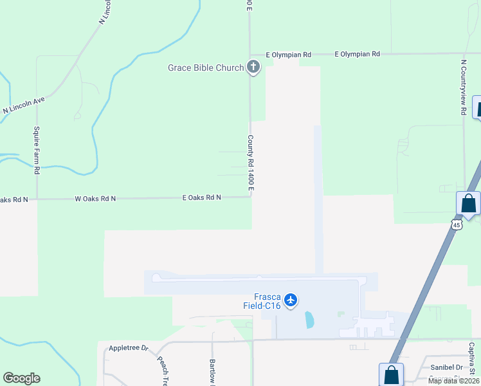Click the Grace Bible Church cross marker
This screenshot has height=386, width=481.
click(253, 67)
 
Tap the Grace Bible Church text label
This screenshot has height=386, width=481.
click(206, 68)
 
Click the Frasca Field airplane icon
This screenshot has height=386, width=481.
click(291, 300)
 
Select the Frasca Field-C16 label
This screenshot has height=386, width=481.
click(262, 301)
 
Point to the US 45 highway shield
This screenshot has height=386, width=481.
click(456, 225)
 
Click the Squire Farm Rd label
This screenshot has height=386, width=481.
click(37, 151)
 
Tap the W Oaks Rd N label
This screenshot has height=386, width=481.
click(95, 198)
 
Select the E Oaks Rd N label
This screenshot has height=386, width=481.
click(201, 198)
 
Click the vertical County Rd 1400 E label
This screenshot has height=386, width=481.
click(250, 162)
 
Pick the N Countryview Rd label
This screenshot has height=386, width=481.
click(463, 88)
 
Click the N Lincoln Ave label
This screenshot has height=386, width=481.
click(24, 106)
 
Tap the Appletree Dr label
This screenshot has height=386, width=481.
click(128, 348)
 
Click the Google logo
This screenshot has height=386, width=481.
click(21, 378)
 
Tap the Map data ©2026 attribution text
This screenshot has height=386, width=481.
click(453, 381)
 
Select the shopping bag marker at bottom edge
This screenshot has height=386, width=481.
click(391, 375)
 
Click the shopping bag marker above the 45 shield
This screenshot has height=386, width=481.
click(469, 204)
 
